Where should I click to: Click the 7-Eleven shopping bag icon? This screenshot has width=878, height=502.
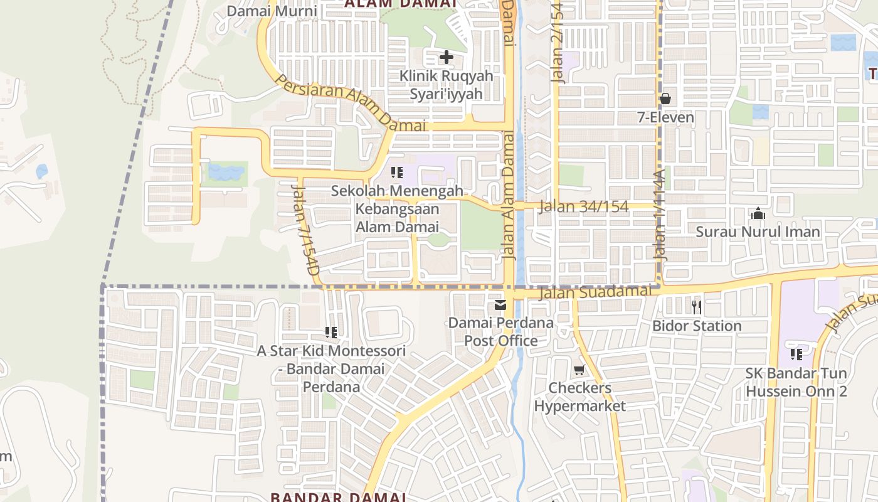click(x=665, y=99)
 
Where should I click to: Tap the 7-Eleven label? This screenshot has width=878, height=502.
click(x=665, y=117)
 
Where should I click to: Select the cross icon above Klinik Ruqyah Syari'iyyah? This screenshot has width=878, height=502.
click(x=446, y=58)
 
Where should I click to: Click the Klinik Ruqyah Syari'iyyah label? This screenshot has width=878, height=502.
click(x=446, y=85)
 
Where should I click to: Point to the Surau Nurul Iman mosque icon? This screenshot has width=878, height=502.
click(x=758, y=214)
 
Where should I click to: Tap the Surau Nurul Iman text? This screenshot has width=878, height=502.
click(x=758, y=232)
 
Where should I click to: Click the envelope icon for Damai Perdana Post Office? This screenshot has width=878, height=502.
click(x=500, y=306)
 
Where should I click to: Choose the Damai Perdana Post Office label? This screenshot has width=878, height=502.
click(x=500, y=332)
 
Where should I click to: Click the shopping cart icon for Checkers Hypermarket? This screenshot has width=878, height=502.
click(x=579, y=370)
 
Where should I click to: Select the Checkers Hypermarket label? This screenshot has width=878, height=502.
click(x=579, y=397)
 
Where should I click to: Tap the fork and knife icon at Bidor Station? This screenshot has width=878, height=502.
click(x=696, y=307)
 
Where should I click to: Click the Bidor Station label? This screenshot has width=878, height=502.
click(x=697, y=326)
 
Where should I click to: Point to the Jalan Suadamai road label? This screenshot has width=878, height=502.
click(x=595, y=292)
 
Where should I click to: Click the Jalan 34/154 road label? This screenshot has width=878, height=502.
click(x=583, y=206)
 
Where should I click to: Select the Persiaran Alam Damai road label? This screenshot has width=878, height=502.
click(x=351, y=105)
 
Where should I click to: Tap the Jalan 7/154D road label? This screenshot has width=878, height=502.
click(x=305, y=230)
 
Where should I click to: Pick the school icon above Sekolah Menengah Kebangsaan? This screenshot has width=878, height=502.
click(x=396, y=172)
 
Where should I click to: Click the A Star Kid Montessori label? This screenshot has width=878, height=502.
click(x=331, y=369)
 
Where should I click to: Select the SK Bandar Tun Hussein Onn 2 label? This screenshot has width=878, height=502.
click(x=796, y=382)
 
